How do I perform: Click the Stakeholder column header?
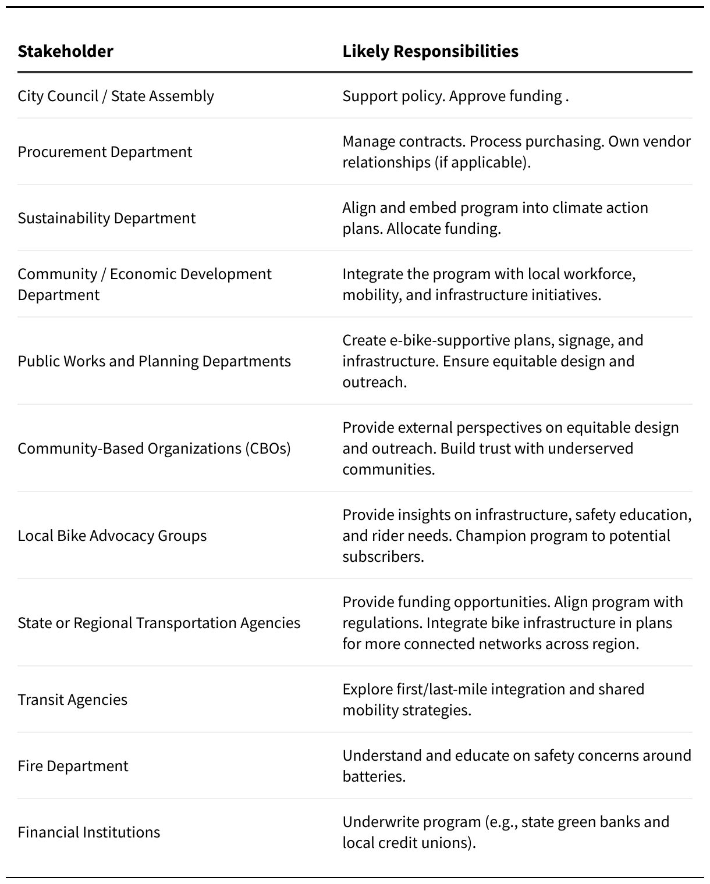coord(65,51)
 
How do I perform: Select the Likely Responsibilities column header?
coord(430,51)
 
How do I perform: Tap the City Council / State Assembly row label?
coord(116,96)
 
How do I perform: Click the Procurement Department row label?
coord(105,152)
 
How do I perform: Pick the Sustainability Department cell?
coord(106,218)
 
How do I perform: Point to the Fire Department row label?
coord(73,766)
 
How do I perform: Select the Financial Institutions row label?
coord(88,832)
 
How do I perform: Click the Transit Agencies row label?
coord(72,700)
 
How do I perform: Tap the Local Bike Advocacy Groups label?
coord(112,536)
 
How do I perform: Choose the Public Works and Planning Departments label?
coord(154,361)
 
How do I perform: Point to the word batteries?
coord(374,776)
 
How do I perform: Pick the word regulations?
coord(382,623)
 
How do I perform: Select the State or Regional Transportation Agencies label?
coord(159,623)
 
